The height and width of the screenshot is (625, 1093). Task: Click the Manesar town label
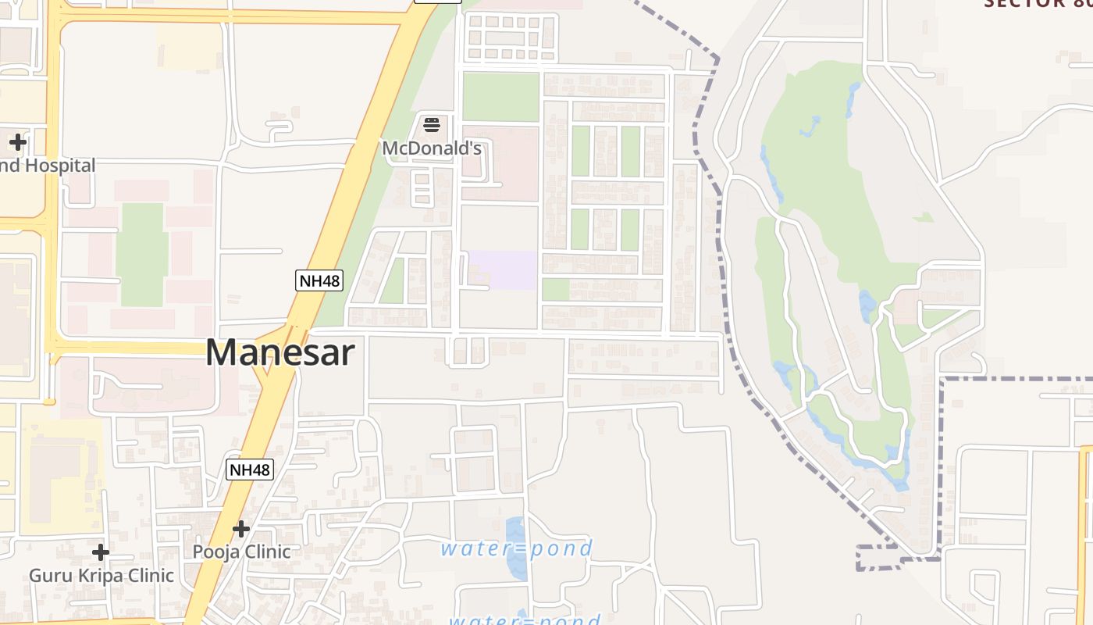pos(279,352)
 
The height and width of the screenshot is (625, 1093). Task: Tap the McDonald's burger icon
pos(432,124)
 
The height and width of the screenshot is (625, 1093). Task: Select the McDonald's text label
pos(432,148)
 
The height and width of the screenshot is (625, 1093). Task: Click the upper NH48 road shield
pos(319,280)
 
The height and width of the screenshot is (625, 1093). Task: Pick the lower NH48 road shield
pos(250,470)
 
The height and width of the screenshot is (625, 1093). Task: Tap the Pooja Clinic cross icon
pos(241,529)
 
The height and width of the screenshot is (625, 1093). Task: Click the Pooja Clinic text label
pos(242,552)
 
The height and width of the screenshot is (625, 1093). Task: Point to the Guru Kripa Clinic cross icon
pos(101,552)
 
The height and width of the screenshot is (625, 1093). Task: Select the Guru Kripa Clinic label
pos(101,576)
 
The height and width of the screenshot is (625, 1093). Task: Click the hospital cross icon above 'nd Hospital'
pos(18,142)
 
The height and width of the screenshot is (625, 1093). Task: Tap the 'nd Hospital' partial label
pos(48,166)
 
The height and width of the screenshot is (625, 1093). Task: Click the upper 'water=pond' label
pos(517,548)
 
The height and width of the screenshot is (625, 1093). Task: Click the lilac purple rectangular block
pos(503,270)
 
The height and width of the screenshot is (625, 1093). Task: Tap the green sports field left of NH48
pos(141,254)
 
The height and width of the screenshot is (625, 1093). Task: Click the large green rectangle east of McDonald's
pos(500,97)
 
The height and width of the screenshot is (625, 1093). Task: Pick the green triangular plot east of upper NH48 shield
pos(393,281)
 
